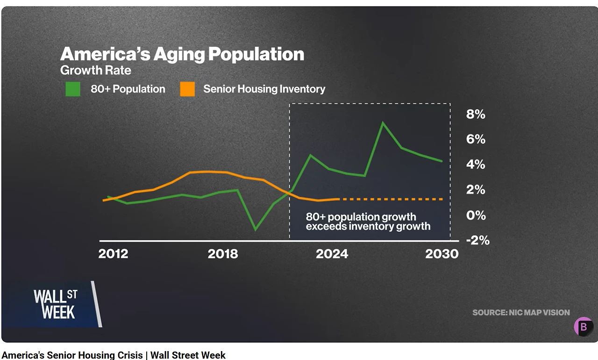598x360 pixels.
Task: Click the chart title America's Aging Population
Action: click(182, 54)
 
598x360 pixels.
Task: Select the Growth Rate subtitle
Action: click(95, 71)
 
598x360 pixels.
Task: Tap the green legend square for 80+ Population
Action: click(73, 89)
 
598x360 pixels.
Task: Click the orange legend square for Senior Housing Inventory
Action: click(187, 89)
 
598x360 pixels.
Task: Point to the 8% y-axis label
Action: click(476, 115)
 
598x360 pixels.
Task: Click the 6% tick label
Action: click(476, 139)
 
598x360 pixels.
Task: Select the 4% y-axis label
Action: click(476, 165)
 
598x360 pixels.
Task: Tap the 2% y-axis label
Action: click(476, 190)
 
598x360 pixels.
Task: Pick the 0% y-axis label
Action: click(476, 215)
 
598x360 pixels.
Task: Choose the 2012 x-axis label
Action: click(113, 254)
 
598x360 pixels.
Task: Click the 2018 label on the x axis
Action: click(223, 254)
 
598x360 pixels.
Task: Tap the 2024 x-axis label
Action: click(332, 254)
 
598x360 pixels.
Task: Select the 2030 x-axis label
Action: click(441, 254)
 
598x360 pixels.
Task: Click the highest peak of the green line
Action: click(383, 123)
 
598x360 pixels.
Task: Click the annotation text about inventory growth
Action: click(368, 222)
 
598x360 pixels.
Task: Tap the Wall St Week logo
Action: click(55, 304)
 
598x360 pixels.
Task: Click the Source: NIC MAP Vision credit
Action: click(521, 312)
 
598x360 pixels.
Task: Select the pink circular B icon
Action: click(583, 327)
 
